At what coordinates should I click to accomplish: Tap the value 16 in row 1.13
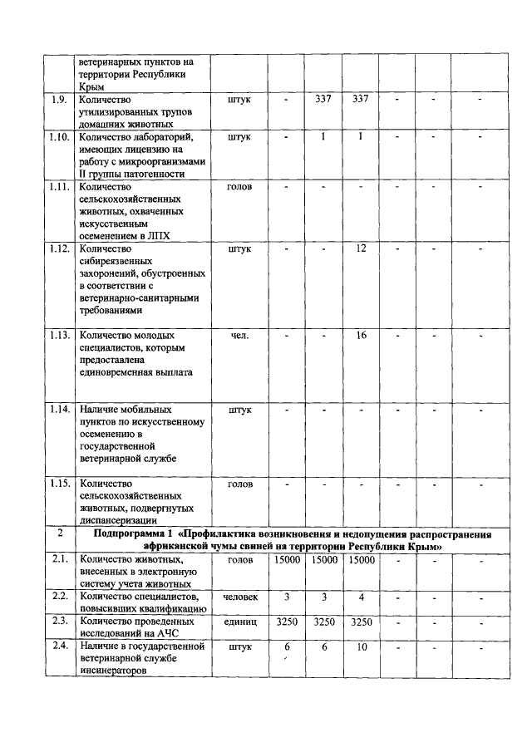pos(361,335)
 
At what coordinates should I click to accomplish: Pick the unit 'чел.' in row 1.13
pos(239,335)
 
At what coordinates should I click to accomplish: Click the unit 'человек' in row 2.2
pos(239,597)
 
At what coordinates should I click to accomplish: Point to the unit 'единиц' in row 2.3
pos(239,621)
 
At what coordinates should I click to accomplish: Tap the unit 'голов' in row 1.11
pos(239,187)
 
